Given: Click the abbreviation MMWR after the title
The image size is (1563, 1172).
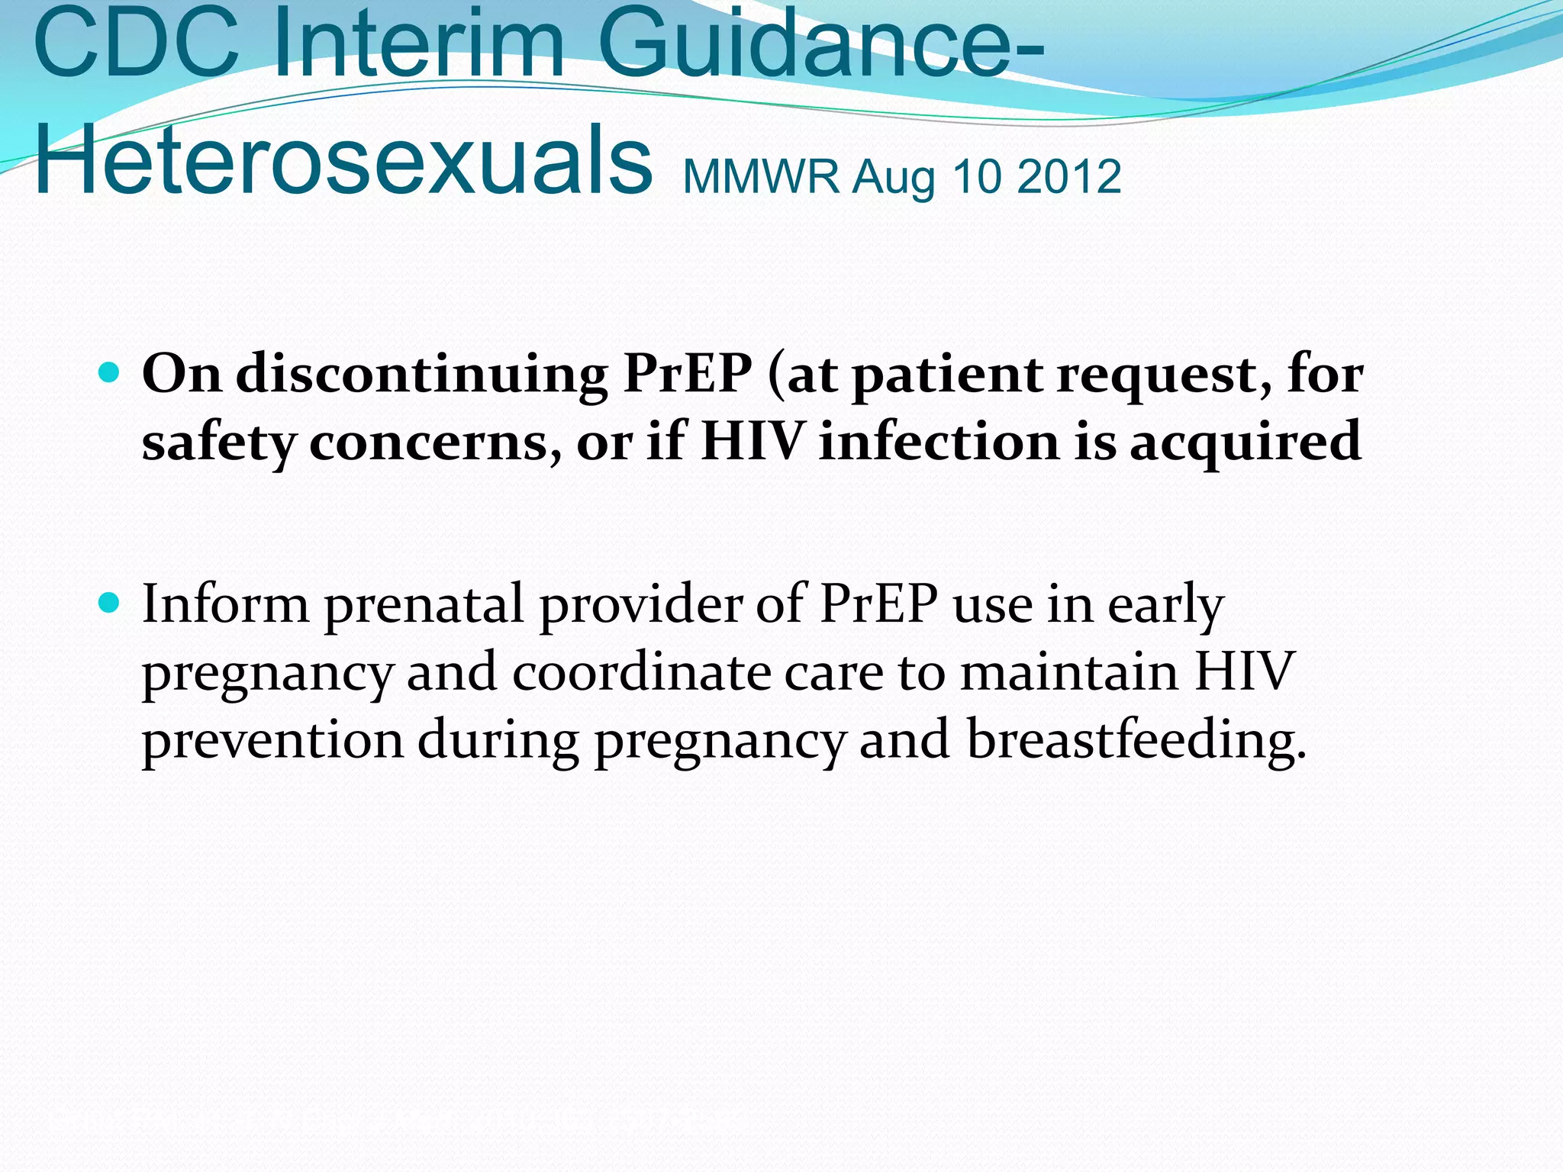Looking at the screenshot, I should pos(761,177).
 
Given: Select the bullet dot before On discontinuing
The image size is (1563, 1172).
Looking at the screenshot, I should pos(110,373).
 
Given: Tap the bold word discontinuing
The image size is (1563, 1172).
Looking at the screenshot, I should pos(421,375).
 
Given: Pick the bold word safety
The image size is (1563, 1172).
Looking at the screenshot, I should pos(218,443).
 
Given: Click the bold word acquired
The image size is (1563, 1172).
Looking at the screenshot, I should pos(1246,443).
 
